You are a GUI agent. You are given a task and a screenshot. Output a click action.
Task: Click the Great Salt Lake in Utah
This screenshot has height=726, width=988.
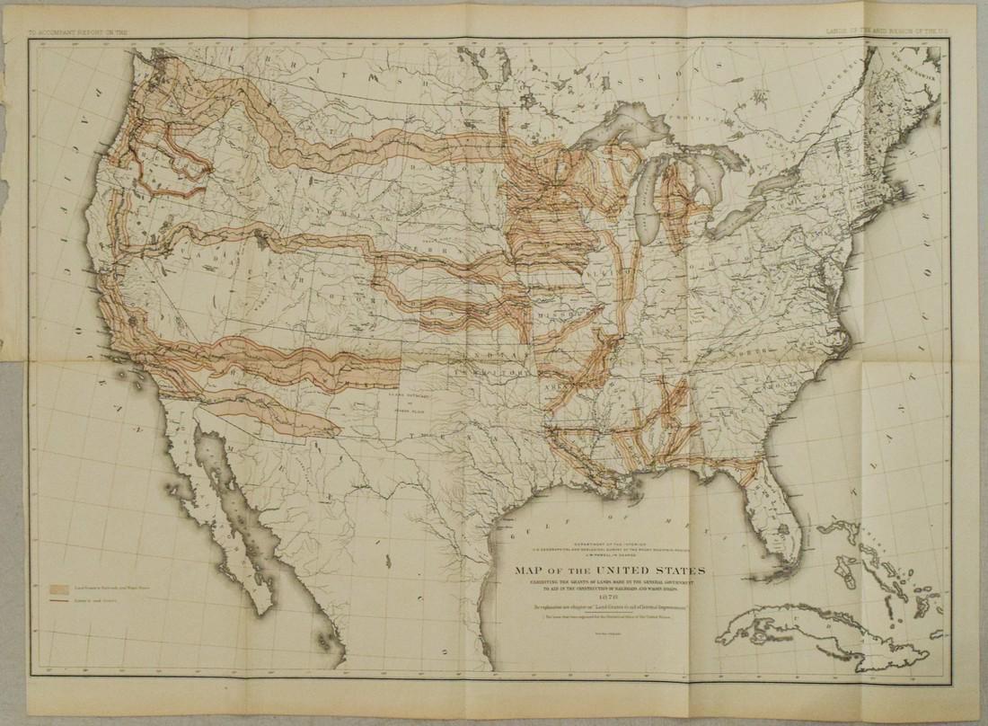click(x=261, y=241)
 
